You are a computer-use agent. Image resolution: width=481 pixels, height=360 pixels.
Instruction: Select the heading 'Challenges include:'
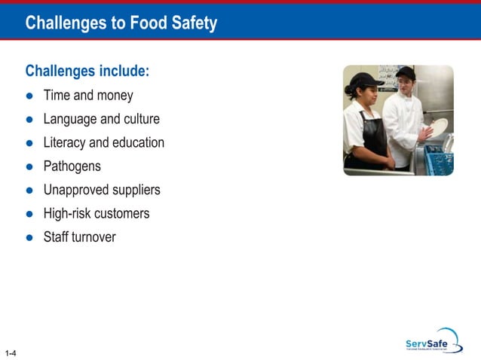87,72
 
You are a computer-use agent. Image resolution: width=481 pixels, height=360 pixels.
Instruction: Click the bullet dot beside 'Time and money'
29,96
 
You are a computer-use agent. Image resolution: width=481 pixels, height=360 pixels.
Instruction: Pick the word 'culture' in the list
141,119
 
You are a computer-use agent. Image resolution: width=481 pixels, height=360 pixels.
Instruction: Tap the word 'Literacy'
65,143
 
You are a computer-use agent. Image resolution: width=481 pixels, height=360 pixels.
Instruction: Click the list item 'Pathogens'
72,166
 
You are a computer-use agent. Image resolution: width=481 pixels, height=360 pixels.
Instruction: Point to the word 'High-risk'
69,213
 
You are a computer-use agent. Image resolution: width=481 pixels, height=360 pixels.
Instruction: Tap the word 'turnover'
93,236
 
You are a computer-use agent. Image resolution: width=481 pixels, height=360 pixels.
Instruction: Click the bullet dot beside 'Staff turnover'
29,238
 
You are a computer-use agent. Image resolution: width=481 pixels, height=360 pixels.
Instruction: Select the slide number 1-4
11,352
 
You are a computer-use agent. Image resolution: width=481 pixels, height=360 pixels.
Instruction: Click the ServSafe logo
433,342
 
